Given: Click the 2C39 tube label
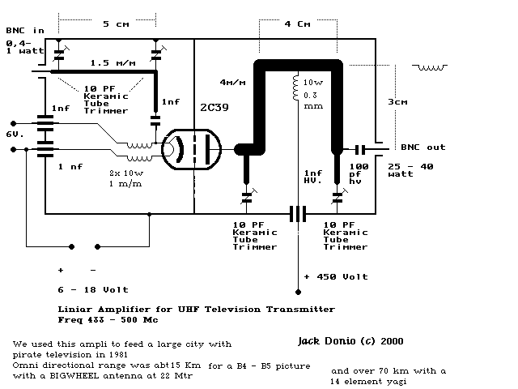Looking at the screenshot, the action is [214, 108].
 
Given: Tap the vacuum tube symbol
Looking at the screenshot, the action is [191, 149].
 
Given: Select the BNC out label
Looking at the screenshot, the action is [422, 147].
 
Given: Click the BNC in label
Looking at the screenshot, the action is [25, 31].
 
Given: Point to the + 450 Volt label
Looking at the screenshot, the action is [336, 276].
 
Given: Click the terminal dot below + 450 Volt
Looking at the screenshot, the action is [298, 292].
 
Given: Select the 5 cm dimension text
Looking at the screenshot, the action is [116, 24].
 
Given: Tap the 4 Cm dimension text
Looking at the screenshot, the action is [297, 24].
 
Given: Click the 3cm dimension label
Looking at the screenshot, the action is [397, 102].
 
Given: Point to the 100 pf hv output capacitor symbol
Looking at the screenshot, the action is [360, 149].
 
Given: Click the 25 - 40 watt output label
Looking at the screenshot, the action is [410, 170].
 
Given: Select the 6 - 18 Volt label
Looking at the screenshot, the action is [93, 290].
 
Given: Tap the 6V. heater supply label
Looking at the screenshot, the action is [15, 135].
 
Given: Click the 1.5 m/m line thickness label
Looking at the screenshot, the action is [113, 63].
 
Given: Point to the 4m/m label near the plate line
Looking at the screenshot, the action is [232, 82].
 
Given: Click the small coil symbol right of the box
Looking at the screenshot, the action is [430, 67].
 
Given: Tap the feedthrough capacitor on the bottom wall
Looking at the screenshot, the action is [298, 214].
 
